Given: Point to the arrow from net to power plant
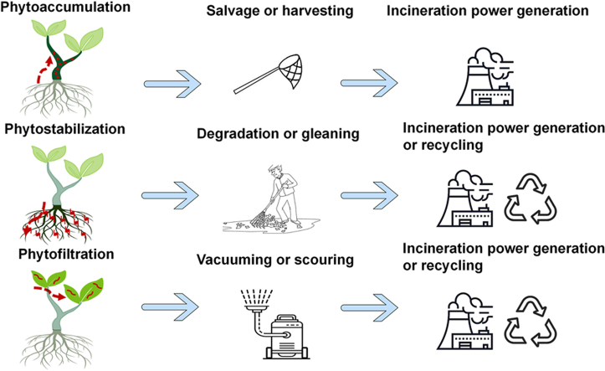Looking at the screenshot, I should tap(367, 83).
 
